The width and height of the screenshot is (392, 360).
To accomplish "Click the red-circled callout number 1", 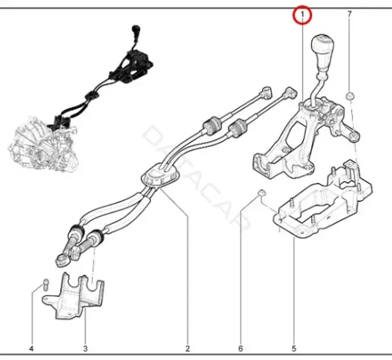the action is [x=302, y=15].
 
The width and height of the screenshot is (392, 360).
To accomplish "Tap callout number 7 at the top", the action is [x=349, y=14].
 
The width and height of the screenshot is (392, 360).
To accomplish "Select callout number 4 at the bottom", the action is [x=31, y=349].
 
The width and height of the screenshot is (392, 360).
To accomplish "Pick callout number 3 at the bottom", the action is [x=85, y=349].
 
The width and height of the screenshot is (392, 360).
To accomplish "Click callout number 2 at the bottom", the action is [x=187, y=349].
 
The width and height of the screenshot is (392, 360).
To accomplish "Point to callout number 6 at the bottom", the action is [x=241, y=349].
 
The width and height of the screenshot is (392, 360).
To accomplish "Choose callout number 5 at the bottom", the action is [x=294, y=349].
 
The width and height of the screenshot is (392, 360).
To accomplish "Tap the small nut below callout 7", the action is [x=349, y=96].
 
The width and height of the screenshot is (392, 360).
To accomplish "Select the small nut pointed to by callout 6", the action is [x=262, y=193].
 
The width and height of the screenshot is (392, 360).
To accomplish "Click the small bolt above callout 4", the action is [x=46, y=284].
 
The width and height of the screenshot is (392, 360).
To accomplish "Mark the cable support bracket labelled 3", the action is [x=73, y=296].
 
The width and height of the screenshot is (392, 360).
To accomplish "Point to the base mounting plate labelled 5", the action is [x=322, y=200].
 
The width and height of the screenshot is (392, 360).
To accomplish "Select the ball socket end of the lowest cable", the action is [x=60, y=260].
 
